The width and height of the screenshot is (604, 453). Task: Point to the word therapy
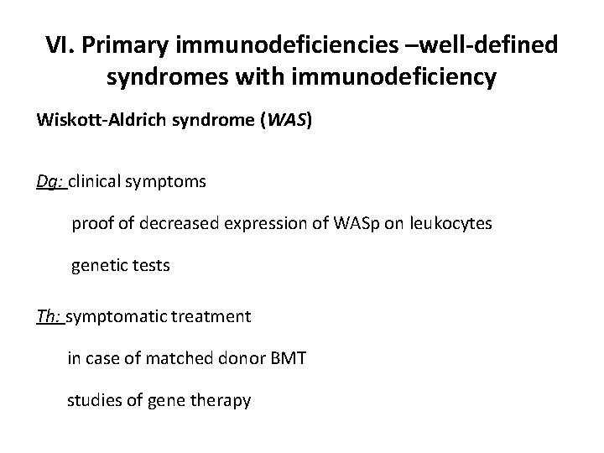point(223,401)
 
